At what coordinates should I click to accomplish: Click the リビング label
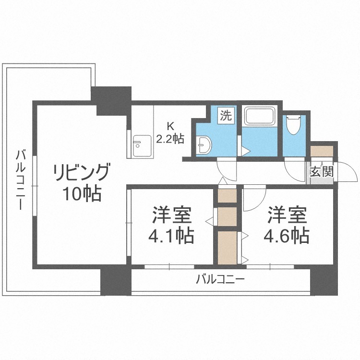click(x=81, y=172)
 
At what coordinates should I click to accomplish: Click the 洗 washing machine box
click(x=226, y=116)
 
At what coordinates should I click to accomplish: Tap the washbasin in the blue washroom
click(x=204, y=144)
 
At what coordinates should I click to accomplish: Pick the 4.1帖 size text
click(x=171, y=236)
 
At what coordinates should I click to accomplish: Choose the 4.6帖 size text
click(x=286, y=236)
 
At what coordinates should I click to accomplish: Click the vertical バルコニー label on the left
click(x=21, y=180)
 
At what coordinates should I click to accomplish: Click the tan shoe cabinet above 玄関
click(x=322, y=151)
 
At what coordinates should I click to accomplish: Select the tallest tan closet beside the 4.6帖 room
click(x=227, y=248)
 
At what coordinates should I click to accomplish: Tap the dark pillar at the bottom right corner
click(x=324, y=281)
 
